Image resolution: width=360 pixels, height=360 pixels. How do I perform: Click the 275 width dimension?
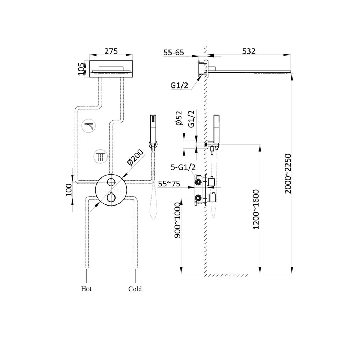(x=111, y=51)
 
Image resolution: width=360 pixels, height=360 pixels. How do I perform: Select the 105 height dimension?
(x=82, y=68)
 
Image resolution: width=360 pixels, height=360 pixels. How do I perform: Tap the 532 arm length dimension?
(x=249, y=51)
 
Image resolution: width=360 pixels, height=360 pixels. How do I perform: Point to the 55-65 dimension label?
(x=174, y=53)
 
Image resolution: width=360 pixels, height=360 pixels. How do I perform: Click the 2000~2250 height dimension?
(x=288, y=174)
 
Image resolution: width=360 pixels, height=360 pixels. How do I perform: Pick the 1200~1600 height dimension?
(x=256, y=209)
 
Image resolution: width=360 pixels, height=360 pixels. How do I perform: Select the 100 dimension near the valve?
(x=69, y=189)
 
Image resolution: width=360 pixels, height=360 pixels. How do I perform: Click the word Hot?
(x=86, y=289)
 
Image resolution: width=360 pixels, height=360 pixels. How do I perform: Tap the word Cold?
(x=135, y=289)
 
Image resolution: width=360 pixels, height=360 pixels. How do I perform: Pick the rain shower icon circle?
(x=100, y=156)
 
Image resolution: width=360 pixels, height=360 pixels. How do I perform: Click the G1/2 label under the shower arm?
(x=179, y=86)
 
